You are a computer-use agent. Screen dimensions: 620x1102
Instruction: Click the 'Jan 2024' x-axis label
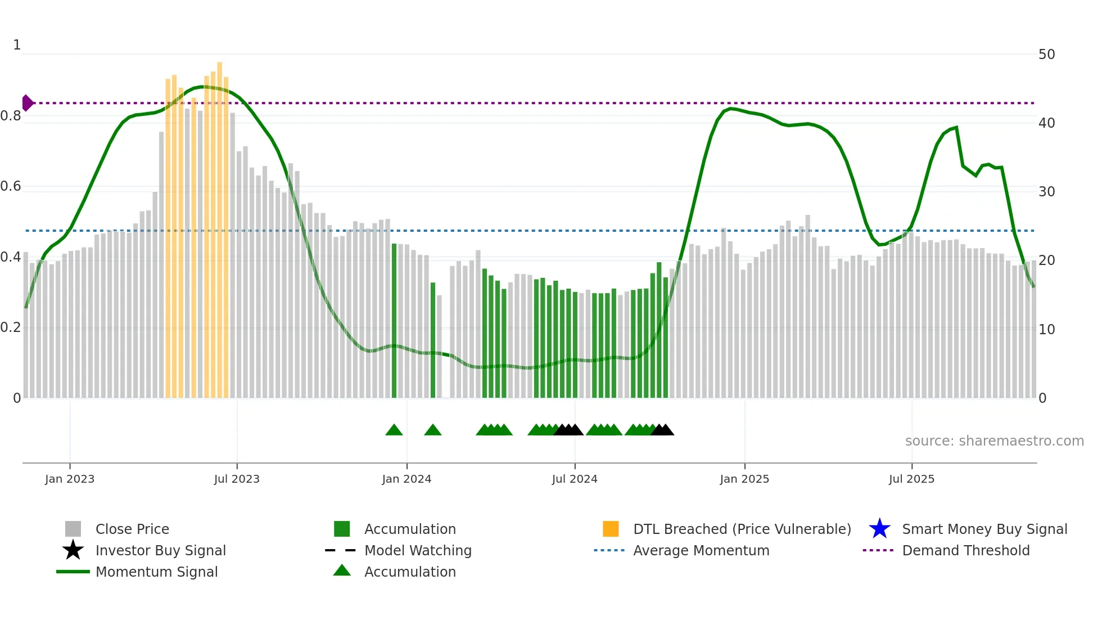(x=407, y=479)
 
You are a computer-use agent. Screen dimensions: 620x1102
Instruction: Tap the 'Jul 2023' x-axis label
(x=237, y=479)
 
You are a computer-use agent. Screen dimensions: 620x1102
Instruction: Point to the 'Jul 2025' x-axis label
(x=911, y=479)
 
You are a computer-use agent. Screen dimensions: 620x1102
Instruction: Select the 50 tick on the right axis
(x=1046, y=55)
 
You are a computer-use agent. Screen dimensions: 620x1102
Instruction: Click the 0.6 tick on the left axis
(x=11, y=186)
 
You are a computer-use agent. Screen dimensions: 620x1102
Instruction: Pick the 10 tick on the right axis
(x=1046, y=330)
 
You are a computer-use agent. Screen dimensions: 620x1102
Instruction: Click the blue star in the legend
(x=879, y=529)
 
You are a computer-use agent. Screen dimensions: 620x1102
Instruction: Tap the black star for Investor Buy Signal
(x=73, y=550)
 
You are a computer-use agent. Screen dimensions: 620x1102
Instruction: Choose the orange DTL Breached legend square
(x=611, y=529)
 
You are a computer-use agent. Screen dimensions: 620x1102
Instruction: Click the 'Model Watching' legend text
(x=418, y=550)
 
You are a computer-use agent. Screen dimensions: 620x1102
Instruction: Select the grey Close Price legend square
(x=73, y=529)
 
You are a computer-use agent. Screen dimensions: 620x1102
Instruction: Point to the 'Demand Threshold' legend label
(x=965, y=550)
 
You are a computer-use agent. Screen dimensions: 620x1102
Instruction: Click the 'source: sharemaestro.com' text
(x=994, y=441)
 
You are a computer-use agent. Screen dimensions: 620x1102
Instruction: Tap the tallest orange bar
(x=220, y=225)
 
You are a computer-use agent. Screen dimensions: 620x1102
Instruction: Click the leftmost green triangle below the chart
(x=394, y=430)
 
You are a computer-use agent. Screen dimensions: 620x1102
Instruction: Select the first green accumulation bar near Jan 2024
(x=394, y=321)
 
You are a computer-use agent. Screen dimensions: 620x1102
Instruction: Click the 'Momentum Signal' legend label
(x=156, y=572)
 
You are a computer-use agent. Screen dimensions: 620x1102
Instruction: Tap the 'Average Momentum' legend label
(x=701, y=550)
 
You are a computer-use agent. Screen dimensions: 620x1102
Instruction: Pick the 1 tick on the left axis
(x=17, y=45)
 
